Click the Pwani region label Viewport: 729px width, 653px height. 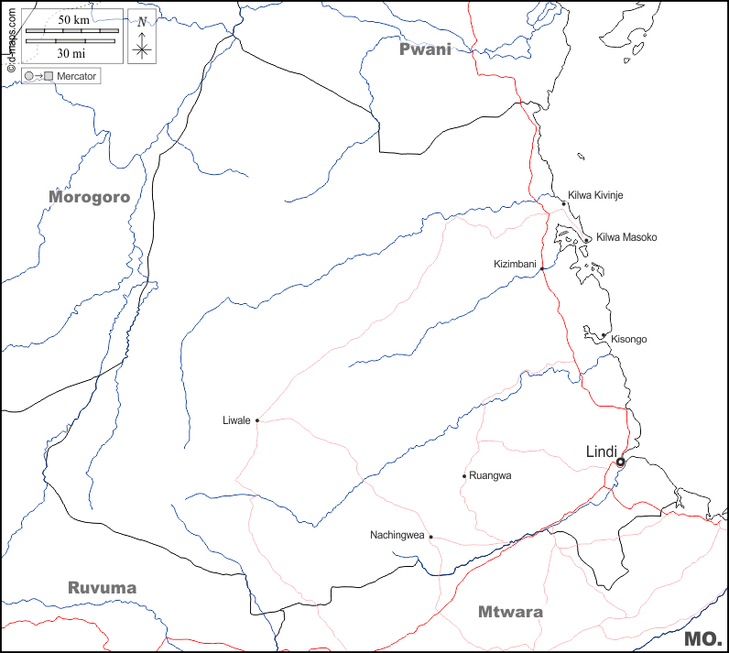point(425,49)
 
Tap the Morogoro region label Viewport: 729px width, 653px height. point(90,197)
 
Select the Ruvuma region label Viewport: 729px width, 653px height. point(102,588)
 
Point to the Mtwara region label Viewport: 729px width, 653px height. point(510,612)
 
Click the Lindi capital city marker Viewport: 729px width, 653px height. point(620,463)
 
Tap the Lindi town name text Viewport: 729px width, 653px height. point(604,452)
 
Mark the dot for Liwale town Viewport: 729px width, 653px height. point(257,420)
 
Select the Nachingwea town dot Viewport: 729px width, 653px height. point(430,537)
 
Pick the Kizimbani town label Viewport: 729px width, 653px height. point(515,264)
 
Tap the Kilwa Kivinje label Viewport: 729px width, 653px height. point(595,195)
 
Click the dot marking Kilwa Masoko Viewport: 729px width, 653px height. point(587,240)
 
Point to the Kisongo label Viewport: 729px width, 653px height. point(628,339)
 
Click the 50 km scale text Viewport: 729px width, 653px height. point(72,19)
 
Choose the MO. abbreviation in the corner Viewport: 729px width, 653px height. point(703,638)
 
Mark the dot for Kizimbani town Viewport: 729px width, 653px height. point(542,268)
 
